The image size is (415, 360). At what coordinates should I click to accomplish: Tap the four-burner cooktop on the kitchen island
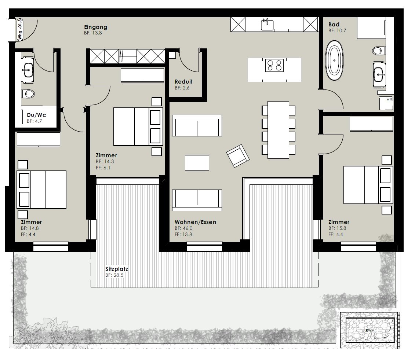(x=274, y=65)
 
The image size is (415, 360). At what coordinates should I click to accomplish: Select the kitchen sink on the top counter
(x=267, y=25)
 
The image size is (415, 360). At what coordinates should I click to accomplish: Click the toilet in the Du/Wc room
(x=28, y=94)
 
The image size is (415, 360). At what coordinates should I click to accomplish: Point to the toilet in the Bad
(x=378, y=50)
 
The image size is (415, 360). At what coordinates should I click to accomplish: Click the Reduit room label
(x=183, y=82)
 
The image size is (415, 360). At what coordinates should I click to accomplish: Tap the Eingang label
(x=95, y=27)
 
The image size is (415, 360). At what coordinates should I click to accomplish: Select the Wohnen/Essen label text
(x=195, y=222)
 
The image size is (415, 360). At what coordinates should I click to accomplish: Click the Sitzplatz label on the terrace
(x=117, y=269)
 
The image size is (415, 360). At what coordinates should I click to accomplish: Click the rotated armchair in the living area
(x=238, y=156)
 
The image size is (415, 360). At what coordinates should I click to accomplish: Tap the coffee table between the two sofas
(x=197, y=163)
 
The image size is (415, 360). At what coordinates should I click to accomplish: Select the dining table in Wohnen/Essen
(x=278, y=130)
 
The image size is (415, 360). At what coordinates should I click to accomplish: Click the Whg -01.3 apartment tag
(x=20, y=30)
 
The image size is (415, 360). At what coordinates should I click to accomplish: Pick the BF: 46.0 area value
(x=183, y=228)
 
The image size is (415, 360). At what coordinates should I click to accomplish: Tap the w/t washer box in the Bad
(x=386, y=103)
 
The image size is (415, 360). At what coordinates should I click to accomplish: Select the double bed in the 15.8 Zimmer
(x=368, y=185)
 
